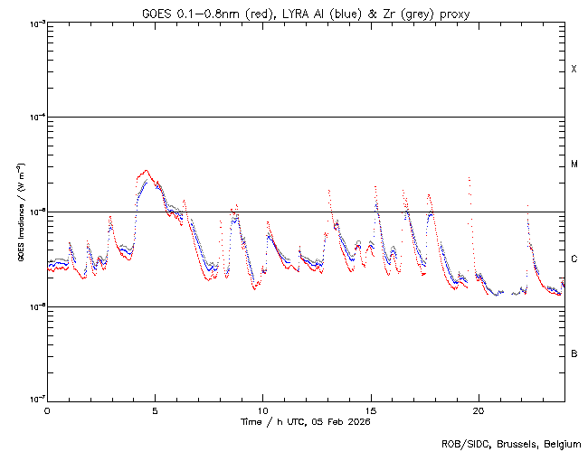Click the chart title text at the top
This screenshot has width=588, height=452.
click(x=306, y=13)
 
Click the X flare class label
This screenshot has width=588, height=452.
click(x=574, y=70)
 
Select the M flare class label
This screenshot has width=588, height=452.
click(x=574, y=165)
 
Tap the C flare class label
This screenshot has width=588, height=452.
click(x=574, y=259)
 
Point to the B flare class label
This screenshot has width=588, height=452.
click(x=574, y=353)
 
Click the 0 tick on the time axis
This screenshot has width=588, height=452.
click(x=47, y=410)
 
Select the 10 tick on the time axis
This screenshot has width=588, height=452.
click(x=262, y=410)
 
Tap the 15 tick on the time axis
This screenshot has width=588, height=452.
click(x=370, y=410)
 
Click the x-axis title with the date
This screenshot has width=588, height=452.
click(x=306, y=421)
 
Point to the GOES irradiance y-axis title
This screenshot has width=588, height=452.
click(x=20, y=212)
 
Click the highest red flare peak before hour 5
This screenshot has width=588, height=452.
click(x=146, y=169)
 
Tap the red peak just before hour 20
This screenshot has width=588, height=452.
click(x=469, y=179)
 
